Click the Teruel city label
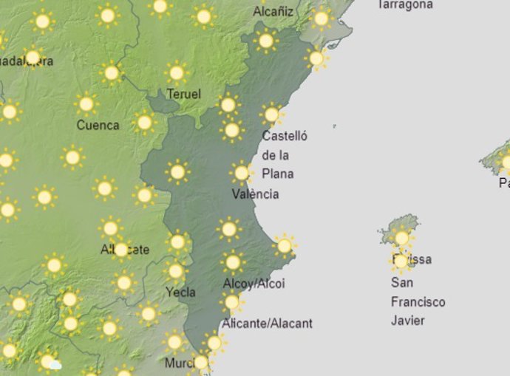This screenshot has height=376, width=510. (184, 94)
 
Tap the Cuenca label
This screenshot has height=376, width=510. (98, 125)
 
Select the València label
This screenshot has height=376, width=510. (255, 194)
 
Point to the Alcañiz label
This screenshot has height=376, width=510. (273, 12)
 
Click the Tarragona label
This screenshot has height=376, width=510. (404, 4)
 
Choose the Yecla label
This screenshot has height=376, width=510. (181, 292)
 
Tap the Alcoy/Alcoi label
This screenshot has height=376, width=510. (254, 284)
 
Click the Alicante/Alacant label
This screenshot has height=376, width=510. (267, 323)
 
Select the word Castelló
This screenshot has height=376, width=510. (285, 136)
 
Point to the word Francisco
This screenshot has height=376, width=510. (418, 302)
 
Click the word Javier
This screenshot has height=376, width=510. (408, 321)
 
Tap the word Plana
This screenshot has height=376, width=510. (278, 174)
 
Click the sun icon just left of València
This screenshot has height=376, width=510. (241, 174)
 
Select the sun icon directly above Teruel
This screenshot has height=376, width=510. (176, 73)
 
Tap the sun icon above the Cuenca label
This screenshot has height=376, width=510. (86, 104)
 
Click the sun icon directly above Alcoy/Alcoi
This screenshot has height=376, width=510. (233, 262)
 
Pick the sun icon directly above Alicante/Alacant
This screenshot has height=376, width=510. (231, 301)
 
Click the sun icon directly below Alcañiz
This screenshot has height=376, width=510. (266, 41)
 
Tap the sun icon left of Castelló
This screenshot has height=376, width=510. (231, 131)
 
